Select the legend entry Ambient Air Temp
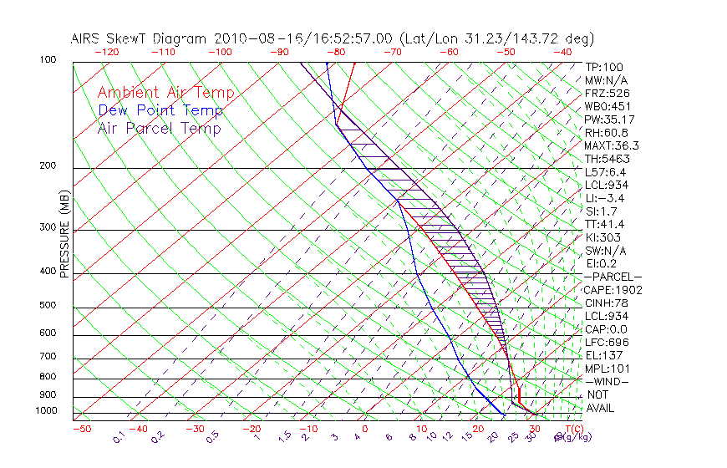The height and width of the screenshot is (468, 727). (x=165, y=93)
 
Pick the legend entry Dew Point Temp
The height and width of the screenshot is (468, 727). (x=160, y=110)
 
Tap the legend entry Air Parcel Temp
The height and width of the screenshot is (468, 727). (x=159, y=128)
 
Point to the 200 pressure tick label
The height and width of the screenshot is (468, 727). (x=48, y=165)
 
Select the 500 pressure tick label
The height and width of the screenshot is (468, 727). (x=48, y=305)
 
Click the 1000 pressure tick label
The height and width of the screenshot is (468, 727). (x=45, y=410)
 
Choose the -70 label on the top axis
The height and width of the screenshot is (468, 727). (x=391, y=52)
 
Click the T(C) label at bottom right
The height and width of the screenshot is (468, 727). (x=573, y=429)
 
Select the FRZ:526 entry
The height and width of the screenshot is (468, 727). (x=606, y=93)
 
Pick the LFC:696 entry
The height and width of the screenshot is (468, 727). (x=606, y=343)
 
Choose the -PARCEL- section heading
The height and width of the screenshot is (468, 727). (x=613, y=277)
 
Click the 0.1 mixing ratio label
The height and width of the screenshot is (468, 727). (x=119, y=437)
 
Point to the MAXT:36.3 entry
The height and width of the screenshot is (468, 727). (x=611, y=145)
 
